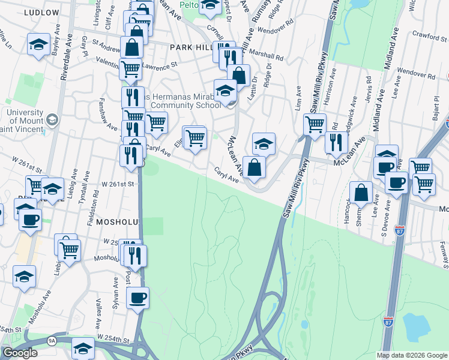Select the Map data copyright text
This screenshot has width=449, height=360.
(x=412, y=355)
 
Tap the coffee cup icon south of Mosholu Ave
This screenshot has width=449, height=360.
(x=137, y=297)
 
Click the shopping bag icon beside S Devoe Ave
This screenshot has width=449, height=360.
(x=361, y=193)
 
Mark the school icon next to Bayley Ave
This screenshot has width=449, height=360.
(x=39, y=46)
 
